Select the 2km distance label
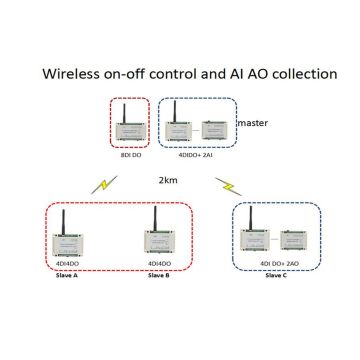[x=169, y=182]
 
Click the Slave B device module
[x=157, y=245]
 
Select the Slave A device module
[x=66, y=246]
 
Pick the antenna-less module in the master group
[x=213, y=130]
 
